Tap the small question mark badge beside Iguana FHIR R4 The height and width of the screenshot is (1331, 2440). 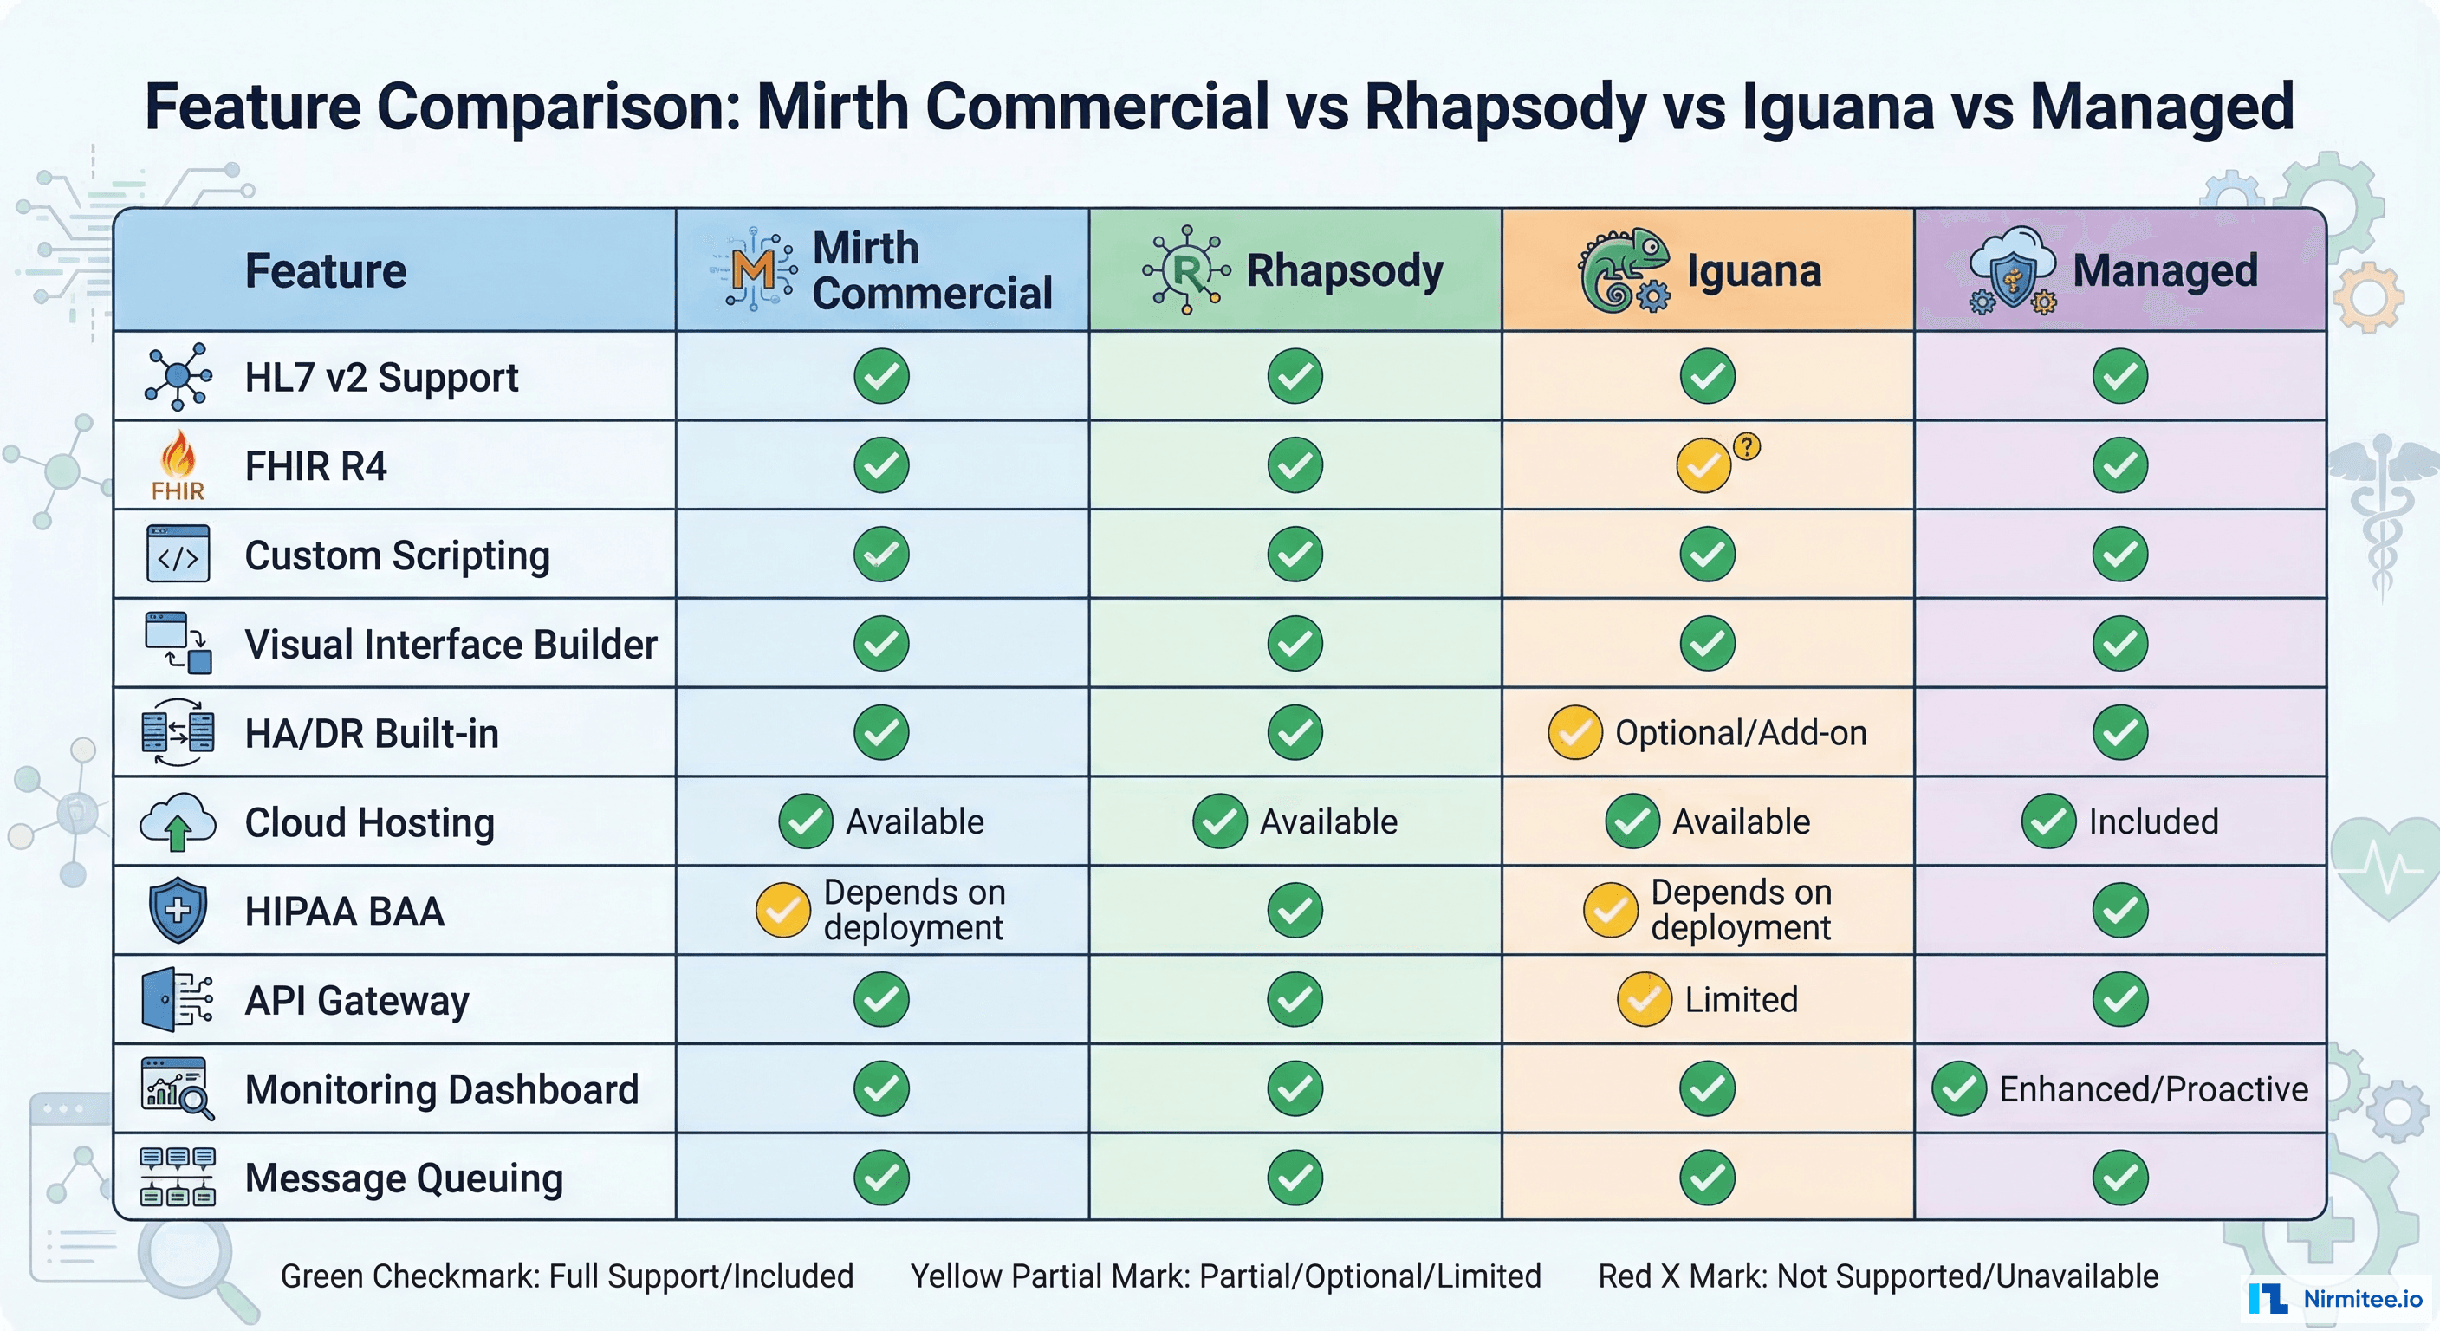(1747, 446)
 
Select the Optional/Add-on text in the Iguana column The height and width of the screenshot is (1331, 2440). (1740, 733)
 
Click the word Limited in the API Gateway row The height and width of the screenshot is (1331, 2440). (1740, 1000)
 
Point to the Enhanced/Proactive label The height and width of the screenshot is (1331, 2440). (2152, 1089)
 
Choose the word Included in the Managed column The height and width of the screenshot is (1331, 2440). (2153, 821)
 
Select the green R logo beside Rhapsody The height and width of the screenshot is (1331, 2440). (1186, 270)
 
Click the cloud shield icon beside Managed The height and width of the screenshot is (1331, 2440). (2012, 270)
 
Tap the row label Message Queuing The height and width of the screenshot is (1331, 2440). (404, 1178)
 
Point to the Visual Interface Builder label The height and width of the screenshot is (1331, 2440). (451, 644)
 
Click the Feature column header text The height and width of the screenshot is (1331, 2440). (326, 271)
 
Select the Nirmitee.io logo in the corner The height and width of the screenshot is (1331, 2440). (2335, 1298)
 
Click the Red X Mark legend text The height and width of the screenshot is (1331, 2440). (1878, 1276)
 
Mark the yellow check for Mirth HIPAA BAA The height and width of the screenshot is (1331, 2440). (782, 911)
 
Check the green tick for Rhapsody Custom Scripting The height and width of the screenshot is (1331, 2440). (1295, 555)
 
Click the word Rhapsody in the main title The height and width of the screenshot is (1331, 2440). (1505, 107)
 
